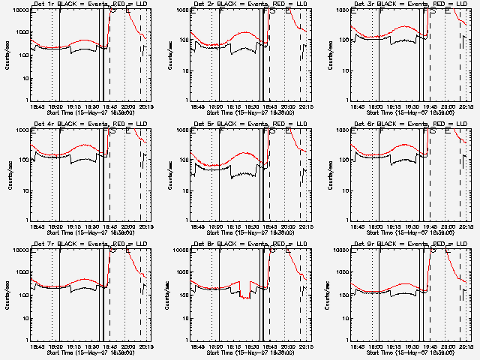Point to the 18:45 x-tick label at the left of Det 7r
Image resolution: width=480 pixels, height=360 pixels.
tap(37, 346)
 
